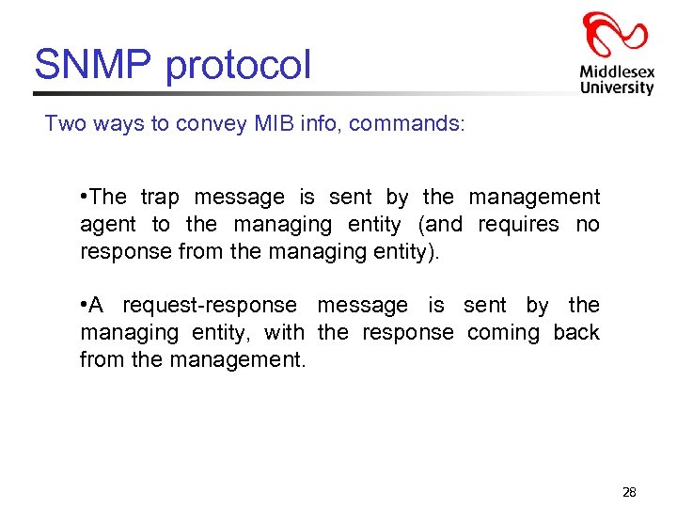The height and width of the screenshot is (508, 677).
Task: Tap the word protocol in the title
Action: pyautogui.click(x=238, y=67)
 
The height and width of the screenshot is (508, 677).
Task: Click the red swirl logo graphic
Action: pyautogui.click(x=615, y=37)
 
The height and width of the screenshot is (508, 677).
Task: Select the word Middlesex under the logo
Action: pyautogui.click(x=617, y=71)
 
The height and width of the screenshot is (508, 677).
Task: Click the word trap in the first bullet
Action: pyautogui.click(x=159, y=198)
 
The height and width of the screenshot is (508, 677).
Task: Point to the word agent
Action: pyautogui.click(x=108, y=226)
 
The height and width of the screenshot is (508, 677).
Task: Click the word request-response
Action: pyautogui.click(x=210, y=306)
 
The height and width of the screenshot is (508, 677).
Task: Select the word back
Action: pyautogui.click(x=576, y=332)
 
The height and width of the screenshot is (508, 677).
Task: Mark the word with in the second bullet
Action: pyautogui.click(x=284, y=332)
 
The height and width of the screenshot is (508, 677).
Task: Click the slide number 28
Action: pyautogui.click(x=629, y=492)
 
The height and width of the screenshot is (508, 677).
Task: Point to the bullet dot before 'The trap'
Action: pyautogui.click(x=85, y=196)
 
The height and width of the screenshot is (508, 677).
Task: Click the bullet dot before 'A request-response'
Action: pyautogui.click(x=85, y=304)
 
